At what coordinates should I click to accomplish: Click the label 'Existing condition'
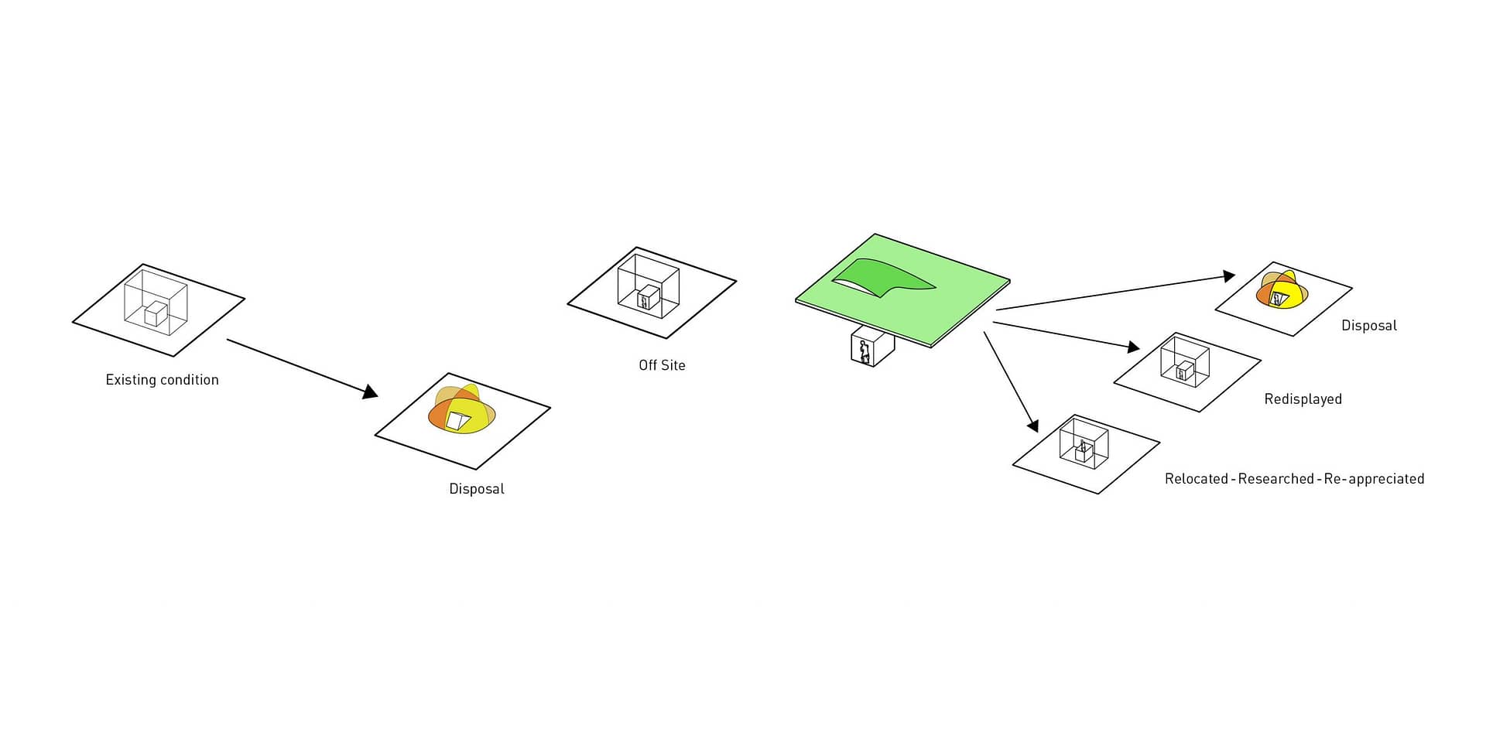[x=163, y=380]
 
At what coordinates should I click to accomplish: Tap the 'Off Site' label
[x=662, y=365]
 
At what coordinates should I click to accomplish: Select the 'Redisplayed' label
[x=1303, y=399]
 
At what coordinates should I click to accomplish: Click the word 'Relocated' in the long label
[x=1196, y=479]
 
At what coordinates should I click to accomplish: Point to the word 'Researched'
[x=1275, y=479]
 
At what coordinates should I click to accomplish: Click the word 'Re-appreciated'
[x=1374, y=479]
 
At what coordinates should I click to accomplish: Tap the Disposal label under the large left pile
[x=477, y=489]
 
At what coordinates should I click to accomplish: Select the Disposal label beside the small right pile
[x=1369, y=326]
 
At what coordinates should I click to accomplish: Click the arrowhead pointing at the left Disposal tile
[x=370, y=392]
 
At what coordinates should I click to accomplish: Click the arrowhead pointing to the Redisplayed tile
[x=1133, y=347]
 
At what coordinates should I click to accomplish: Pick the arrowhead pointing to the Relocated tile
[x=1032, y=425]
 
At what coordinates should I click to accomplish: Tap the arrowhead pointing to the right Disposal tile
[x=1228, y=276]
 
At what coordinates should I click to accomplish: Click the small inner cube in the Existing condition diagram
[x=156, y=313]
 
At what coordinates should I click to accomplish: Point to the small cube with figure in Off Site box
[x=648, y=297]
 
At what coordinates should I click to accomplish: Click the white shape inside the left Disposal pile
[x=457, y=421]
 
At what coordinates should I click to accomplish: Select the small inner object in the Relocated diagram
[x=1084, y=450]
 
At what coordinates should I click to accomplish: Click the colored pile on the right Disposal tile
[x=1282, y=289]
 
